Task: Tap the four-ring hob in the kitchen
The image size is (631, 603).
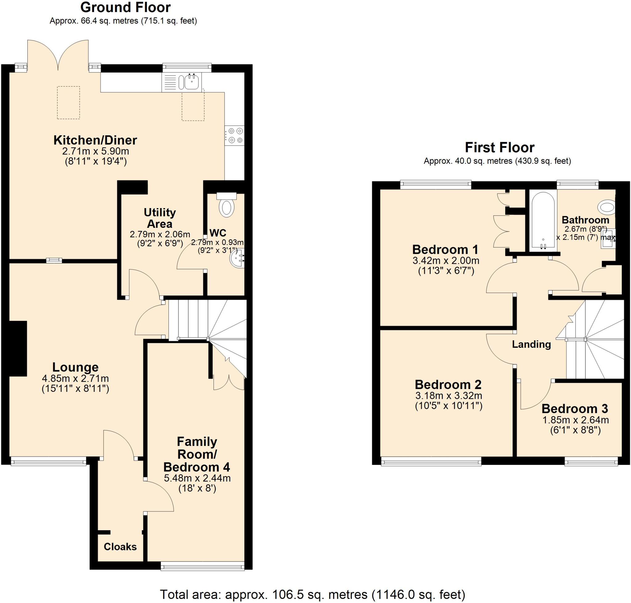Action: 234,136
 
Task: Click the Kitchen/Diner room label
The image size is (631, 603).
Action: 95,140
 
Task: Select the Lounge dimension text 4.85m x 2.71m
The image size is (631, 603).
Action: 75,378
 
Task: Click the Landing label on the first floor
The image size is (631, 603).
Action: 531,344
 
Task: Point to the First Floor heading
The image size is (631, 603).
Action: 500,148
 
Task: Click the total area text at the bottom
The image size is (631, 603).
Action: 312,594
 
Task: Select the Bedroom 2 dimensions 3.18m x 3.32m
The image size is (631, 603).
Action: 449,395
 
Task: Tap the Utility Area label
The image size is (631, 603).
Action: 160,218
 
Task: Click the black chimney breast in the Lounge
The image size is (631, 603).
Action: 18,348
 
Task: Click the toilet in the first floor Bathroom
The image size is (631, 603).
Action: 607,207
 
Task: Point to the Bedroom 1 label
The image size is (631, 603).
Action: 445,249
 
